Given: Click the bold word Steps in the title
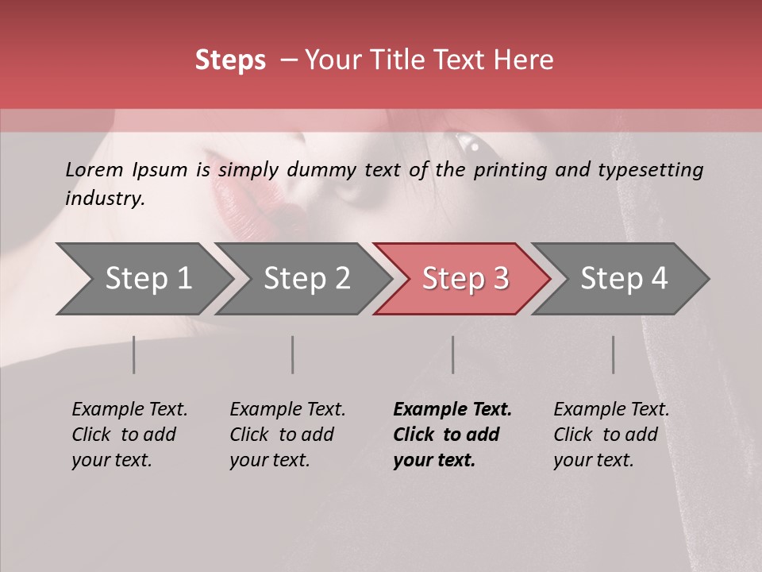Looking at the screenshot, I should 230,60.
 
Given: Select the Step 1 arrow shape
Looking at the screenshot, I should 143,279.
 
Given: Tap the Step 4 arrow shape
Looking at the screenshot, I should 621,279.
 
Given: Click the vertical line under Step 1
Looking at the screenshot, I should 133,354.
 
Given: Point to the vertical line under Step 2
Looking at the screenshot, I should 293,354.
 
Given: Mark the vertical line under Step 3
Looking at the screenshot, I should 453,354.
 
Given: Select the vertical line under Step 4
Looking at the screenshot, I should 614,354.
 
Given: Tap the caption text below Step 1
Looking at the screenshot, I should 129,435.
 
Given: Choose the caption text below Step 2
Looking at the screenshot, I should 287,435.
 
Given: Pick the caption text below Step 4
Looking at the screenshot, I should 611,435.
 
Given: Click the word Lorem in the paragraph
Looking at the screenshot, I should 94,169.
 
